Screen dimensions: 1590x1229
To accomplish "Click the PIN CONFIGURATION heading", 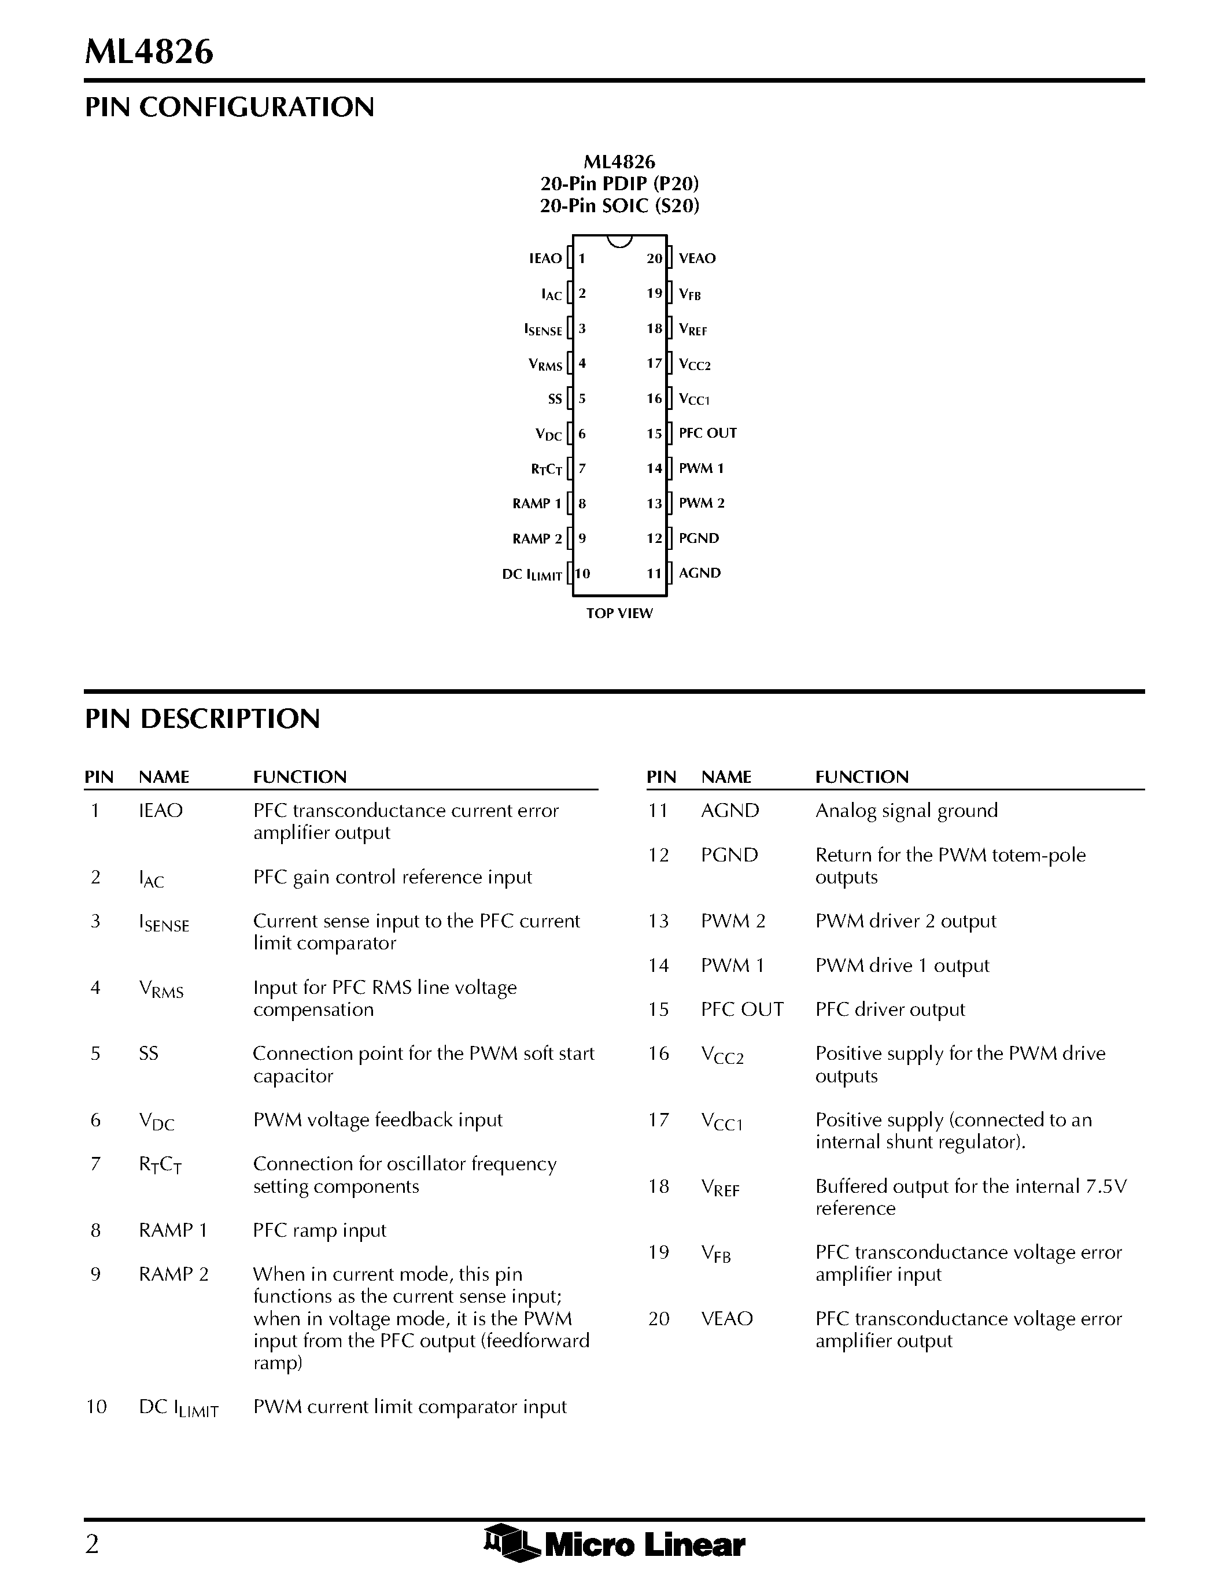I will pyautogui.click(x=230, y=107).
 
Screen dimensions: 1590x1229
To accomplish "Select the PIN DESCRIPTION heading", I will pyautogui.click(x=202, y=719).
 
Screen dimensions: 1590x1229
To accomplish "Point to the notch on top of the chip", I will pyautogui.click(x=619, y=241).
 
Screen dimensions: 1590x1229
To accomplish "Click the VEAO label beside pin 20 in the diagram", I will pyautogui.click(x=697, y=258).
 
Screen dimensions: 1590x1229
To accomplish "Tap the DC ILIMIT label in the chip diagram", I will pyautogui.click(x=532, y=574).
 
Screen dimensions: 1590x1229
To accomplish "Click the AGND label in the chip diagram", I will pyautogui.click(x=700, y=573).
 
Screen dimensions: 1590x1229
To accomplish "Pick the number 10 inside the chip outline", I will pyautogui.click(x=582, y=574).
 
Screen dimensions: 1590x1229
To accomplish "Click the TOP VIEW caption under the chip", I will pyautogui.click(x=619, y=613).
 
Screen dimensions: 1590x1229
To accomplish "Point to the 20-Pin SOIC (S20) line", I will pyautogui.click(x=619, y=206).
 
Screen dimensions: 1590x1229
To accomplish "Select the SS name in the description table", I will pyautogui.click(x=149, y=1053).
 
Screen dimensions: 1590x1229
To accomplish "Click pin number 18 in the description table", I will pyautogui.click(x=659, y=1186).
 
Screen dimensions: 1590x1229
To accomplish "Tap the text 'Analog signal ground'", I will pyautogui.click(x=906, y=810).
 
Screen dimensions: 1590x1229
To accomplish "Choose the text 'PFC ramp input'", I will pyautogui.click(x=320, y=1230).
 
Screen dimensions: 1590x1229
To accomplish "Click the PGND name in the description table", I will pyautogui.click(x=729, y=855).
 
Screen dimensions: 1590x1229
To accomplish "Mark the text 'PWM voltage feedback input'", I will pyautogui.click(x=378, y=1120).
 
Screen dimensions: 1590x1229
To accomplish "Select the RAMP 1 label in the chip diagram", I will pyautogui.click(x=537, y=504).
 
